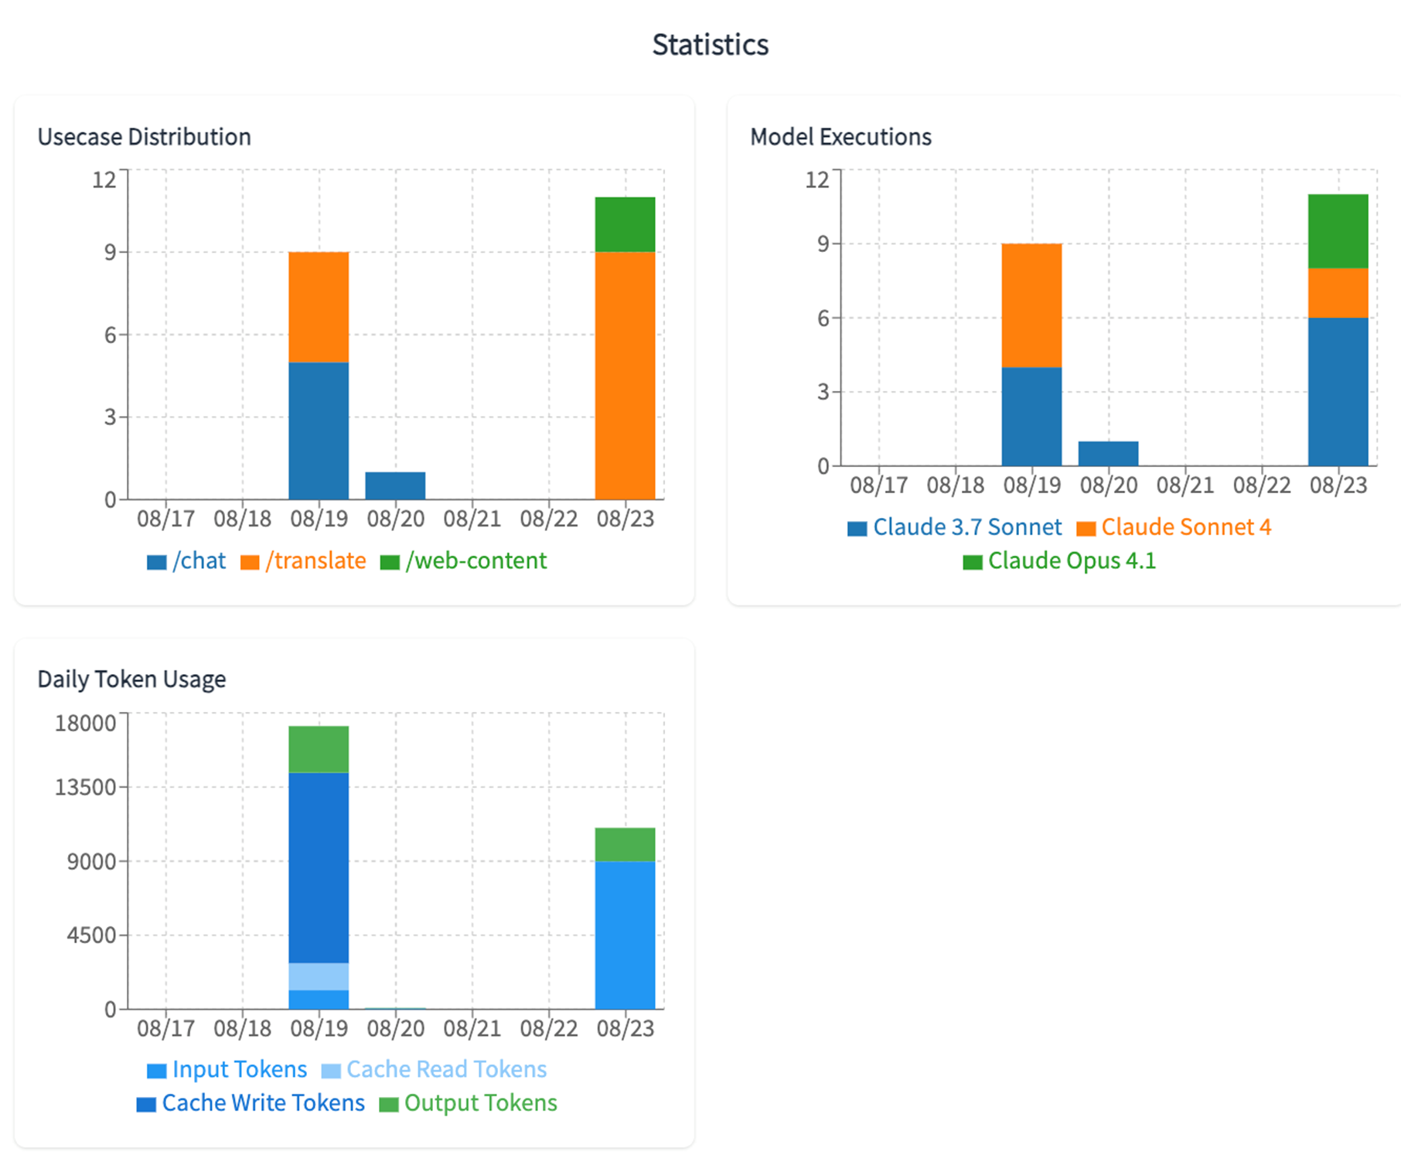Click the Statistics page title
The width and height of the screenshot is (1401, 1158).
click(710, 45)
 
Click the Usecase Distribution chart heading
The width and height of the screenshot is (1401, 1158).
click(144, 137)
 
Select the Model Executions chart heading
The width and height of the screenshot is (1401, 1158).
click(840, 137)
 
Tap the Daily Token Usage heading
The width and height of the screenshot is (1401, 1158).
click(131, 679)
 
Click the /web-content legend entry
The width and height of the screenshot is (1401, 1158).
click(464, 560)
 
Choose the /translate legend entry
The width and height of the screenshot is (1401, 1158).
click(304, 560)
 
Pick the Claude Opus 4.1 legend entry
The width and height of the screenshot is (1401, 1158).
click(1059, 560)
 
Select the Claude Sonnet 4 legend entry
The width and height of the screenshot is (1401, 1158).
click(1174, 527)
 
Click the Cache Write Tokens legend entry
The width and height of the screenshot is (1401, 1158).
click(251, 1103)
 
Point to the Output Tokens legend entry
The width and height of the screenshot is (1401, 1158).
click(469, 1103)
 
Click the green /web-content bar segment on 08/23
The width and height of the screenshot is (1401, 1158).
click(625, 224)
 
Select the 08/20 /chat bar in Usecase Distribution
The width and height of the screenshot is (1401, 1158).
click(395, 485)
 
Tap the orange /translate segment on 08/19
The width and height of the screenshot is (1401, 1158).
click(319, 307)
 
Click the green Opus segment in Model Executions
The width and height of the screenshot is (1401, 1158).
click(1338, 231)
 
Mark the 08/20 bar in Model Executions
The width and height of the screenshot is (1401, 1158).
click(1108, 454)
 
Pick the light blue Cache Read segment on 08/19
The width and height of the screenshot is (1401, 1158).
click(319, 976)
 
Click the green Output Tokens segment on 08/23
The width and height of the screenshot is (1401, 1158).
click(625, 844)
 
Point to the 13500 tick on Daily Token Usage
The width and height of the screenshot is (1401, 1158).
click(84, 787)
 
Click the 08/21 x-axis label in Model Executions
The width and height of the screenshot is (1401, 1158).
click(1185, 485)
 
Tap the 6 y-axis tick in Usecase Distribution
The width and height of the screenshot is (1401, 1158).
click(110, 335)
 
